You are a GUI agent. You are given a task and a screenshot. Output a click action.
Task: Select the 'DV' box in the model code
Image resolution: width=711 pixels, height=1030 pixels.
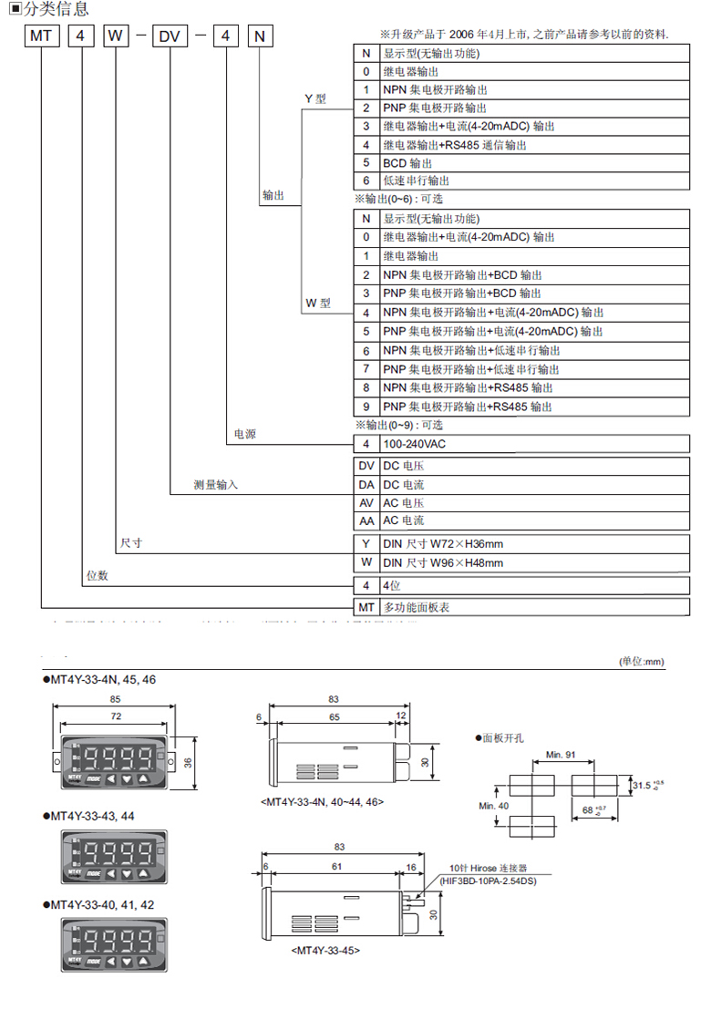click(170, 37)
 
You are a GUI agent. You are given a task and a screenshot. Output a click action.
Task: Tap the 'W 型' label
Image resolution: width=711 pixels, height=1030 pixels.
click(318, 303)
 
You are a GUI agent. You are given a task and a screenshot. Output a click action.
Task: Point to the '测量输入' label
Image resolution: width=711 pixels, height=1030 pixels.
click(215, 485)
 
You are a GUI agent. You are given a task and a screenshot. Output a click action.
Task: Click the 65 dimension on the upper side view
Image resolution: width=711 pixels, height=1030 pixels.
click(335, 718)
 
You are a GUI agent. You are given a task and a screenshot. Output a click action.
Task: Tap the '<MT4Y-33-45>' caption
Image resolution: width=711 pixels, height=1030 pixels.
click(325, 950)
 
